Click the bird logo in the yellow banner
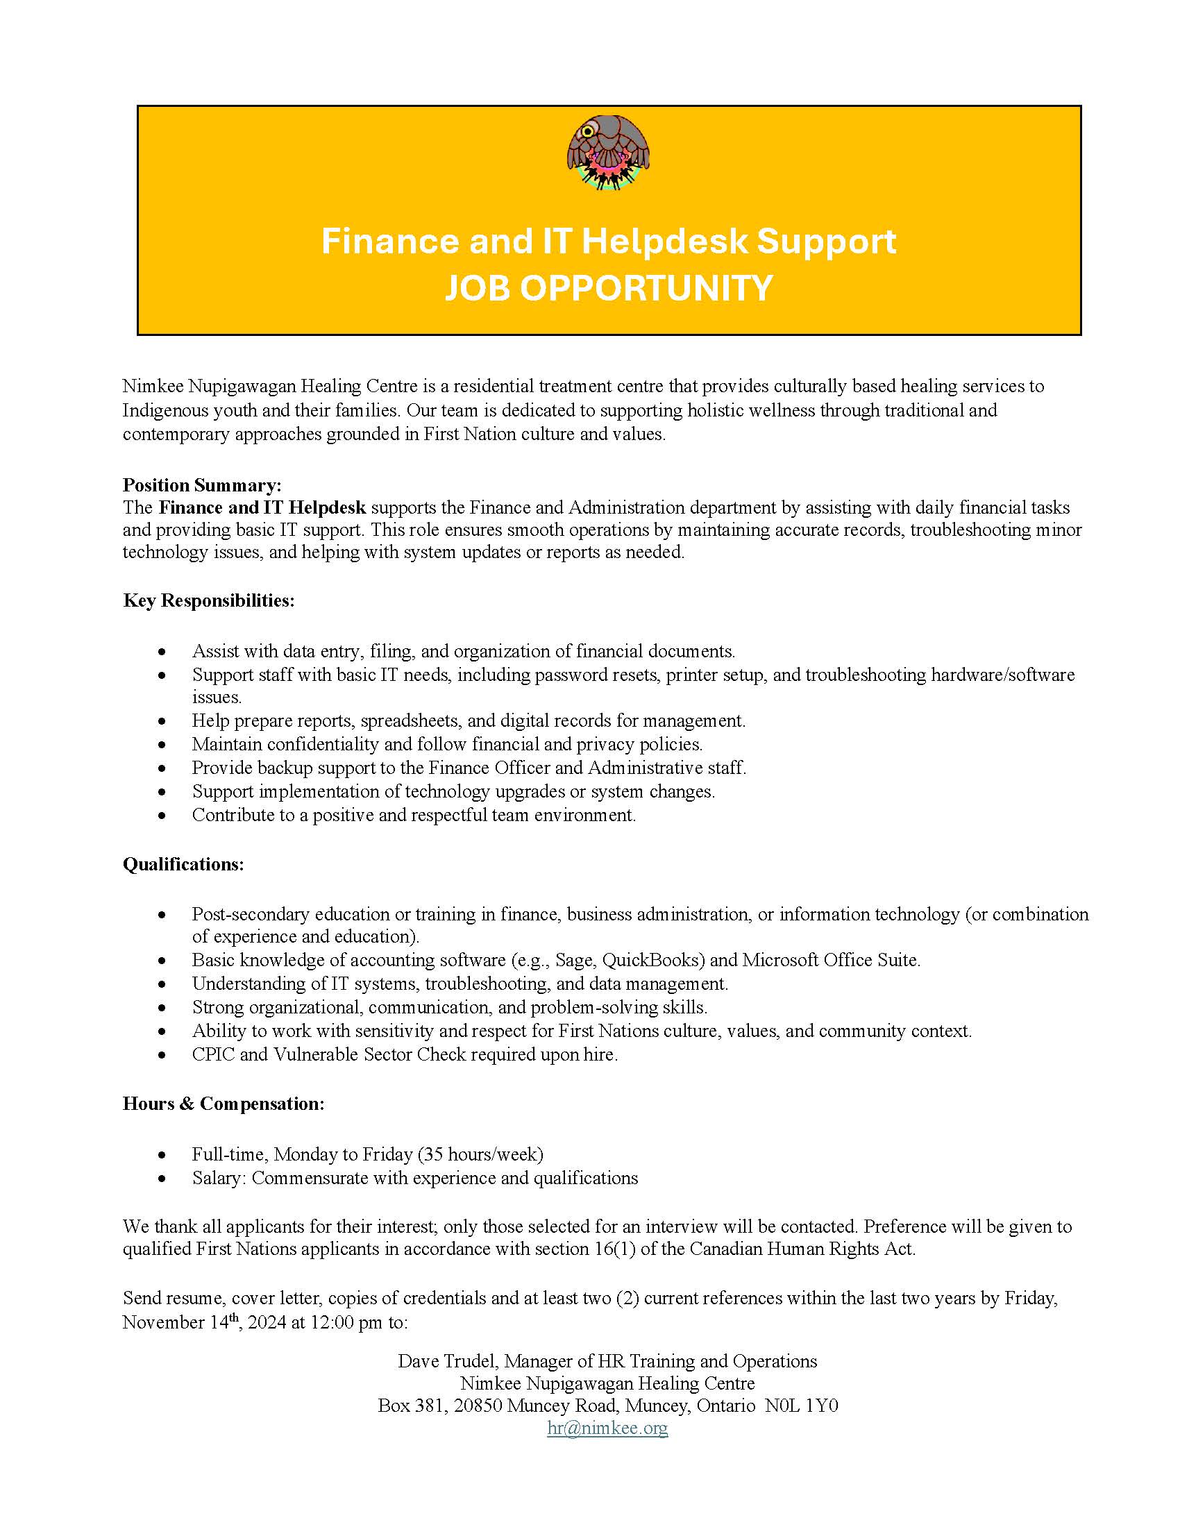[607, 153]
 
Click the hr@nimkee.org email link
[607, 1428]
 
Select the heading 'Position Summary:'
[202, 484]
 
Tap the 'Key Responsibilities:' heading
[208, 600]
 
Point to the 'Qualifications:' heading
[183, 864]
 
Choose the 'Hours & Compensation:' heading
[224, 1104]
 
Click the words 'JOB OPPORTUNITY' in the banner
[608, 287]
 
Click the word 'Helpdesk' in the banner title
[664, 242]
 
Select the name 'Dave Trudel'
[448, 1360]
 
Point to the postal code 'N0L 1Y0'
[801, 1406]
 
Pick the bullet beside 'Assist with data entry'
[162, 652]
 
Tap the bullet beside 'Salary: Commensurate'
[162, 1179]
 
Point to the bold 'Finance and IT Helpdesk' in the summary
[262, 507]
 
